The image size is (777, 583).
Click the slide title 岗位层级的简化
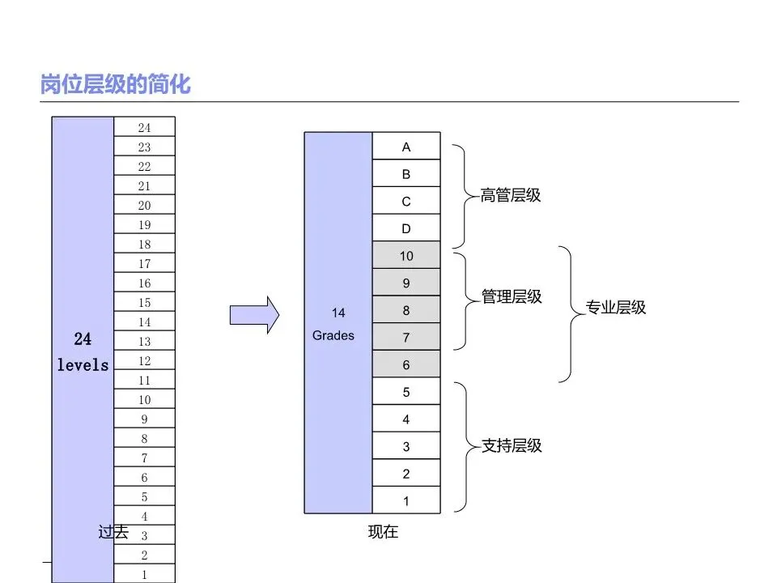tap(115, 84)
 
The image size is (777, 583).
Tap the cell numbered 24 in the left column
tap(144, 127)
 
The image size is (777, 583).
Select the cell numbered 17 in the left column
tap(144, 263)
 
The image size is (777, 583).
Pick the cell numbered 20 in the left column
tap(144, 205)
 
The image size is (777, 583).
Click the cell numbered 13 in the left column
tap(144, 341)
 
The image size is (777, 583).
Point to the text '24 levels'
tap(83, 352)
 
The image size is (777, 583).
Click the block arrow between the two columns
tap(255, 313)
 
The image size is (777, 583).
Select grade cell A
tap(406, 147)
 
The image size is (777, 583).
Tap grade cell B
tap(406, 174)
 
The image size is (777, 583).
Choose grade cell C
tap(406, 202)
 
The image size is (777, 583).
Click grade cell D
tap(406, 229)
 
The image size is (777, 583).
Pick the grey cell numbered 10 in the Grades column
tap(406, 256)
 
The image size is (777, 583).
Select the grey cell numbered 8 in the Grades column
tap(406, 310)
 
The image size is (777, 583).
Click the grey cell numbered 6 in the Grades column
tap(406, 365)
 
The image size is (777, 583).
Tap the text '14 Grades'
tap(334, 324)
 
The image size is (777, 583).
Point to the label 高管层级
tap(511, 195)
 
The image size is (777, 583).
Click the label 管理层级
tap(512, 297)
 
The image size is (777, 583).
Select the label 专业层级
tap(616, 308)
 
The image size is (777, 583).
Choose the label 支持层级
tap(512, 446)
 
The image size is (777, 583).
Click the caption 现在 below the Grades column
tap(383, 532)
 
